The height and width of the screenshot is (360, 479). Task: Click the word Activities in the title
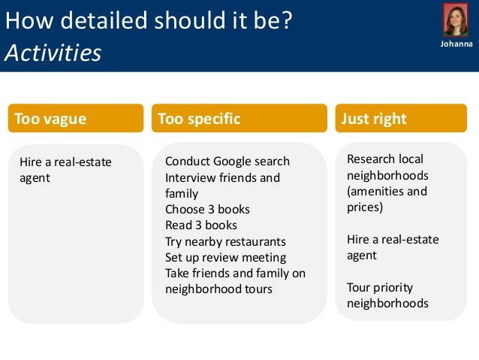53,53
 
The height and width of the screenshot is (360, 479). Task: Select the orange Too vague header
75,119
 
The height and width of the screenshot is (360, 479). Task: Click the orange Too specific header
239,119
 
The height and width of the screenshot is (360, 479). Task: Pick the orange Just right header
401,119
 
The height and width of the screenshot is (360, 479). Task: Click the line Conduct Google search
227,162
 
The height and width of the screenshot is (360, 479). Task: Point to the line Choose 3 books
207,210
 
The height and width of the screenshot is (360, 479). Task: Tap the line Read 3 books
200,225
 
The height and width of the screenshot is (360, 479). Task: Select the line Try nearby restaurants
225,241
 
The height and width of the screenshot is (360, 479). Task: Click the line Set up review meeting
225,257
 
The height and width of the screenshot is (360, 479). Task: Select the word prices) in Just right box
365,207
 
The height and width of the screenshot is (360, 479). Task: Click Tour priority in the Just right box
380,288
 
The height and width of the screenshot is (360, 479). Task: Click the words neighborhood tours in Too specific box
218,289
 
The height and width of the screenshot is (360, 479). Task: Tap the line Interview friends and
222,178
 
